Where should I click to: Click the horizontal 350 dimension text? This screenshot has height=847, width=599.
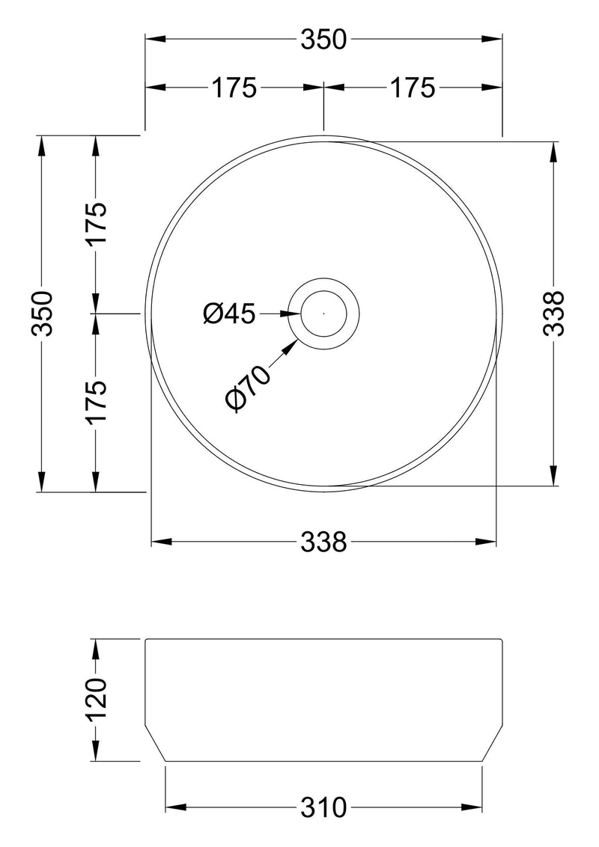(323, 40)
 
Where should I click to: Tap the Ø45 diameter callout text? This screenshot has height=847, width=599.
(230, 314)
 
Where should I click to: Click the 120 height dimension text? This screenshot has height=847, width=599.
(97, 700)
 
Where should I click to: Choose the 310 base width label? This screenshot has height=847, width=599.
(324, 807)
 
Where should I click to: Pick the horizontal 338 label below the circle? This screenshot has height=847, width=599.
(323, 541)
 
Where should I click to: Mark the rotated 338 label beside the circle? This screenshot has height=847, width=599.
(553, 314)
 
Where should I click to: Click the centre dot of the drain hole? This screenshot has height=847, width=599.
(323, 314)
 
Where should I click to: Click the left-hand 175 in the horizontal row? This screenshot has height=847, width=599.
(234, 88)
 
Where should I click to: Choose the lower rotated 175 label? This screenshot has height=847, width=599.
(97, 403)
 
